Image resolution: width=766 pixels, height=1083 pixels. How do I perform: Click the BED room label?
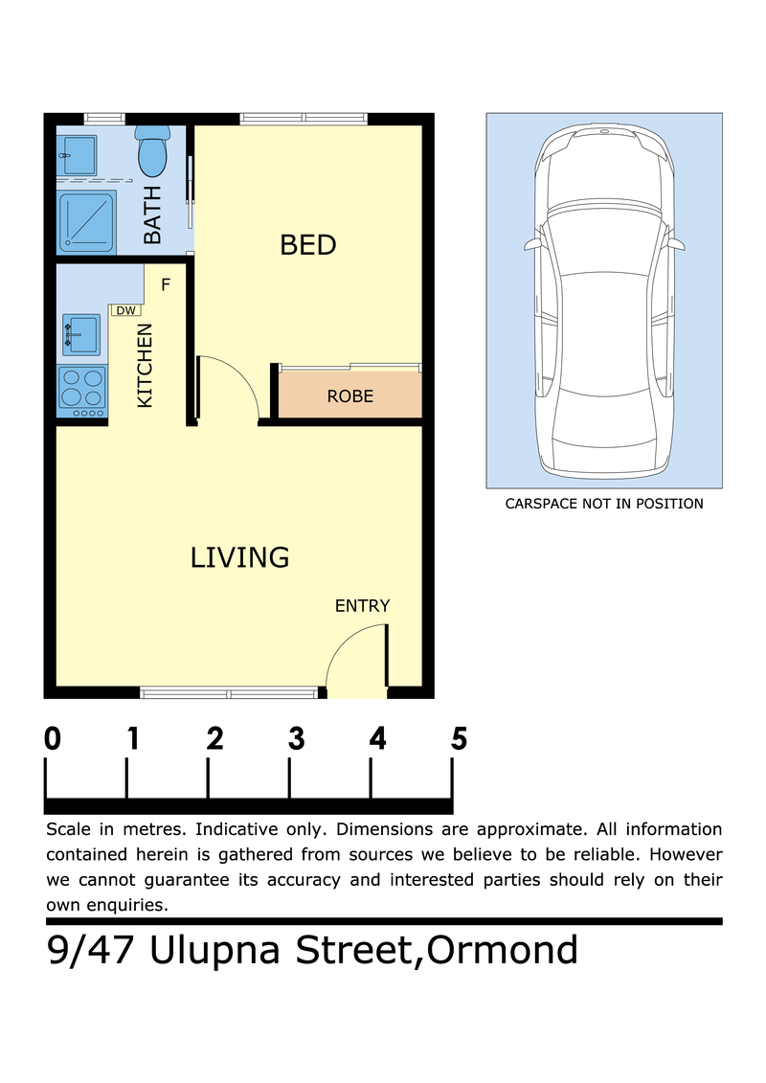[308, 245]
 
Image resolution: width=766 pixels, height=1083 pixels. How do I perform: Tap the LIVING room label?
[239, 557]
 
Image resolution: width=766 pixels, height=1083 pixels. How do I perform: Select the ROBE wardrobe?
[350, 395]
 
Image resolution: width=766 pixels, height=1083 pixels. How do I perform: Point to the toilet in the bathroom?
[152, 150]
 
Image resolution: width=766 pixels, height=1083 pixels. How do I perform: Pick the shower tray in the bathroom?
[86, 222]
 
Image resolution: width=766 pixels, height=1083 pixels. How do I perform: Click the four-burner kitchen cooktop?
[82, 391]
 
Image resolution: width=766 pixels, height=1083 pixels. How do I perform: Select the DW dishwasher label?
[125, 311]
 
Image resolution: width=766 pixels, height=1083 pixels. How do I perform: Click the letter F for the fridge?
[166, 284]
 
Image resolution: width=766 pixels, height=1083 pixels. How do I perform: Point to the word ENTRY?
[363, 606]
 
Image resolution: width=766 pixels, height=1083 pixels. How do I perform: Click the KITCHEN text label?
[145, 366]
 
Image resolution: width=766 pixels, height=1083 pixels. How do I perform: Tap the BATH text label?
[152, 214]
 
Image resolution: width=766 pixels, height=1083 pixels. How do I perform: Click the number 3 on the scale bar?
[296, 738]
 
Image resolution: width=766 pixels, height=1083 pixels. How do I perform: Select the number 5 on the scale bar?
[460, 738]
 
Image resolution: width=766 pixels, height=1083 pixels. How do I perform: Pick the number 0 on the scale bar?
[53, 738]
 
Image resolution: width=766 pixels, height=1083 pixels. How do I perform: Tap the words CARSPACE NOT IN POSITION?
[604, 504]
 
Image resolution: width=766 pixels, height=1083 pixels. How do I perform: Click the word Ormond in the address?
[502, 950]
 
